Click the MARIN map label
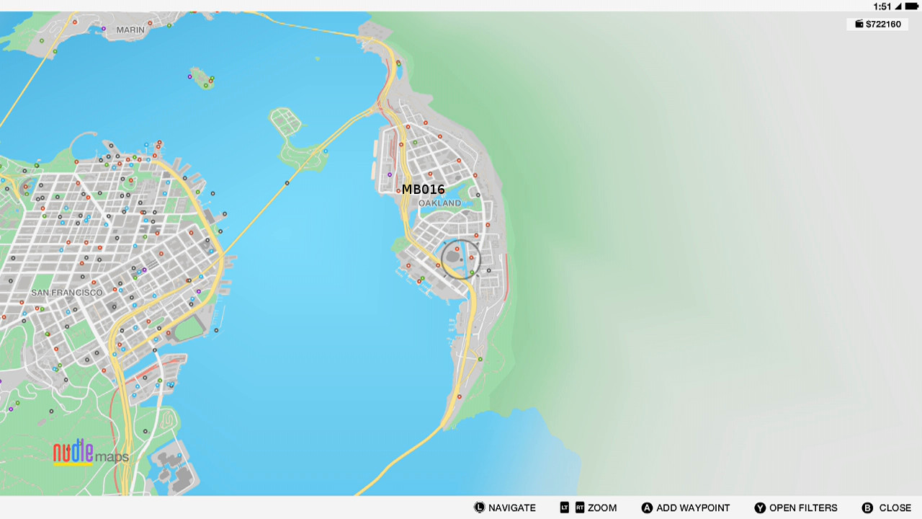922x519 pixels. click(x=130, y=30)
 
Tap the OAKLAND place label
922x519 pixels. click(x=439, y=203)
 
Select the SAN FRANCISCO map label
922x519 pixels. click(x=67, y=293)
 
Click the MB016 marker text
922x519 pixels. click(x=423, y=190)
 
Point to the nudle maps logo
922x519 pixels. click(x=91, y=453)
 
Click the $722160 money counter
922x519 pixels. click(x=877, y=25)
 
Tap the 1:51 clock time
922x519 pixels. click(x=882, y=6)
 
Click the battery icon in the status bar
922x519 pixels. click(x=911, y=6)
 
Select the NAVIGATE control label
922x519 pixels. click(x=511, y=508)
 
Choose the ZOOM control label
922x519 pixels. click(x=602, y=508)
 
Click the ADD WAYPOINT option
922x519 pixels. click(x=692, y=508)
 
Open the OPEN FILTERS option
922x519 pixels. click(x=802, y=508)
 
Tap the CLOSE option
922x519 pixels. click(x=895, y=508)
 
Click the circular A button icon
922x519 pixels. click(x=647, y=508)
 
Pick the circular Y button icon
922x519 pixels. click(x=760, y=508)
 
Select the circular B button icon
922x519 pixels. click(x=867, y=508)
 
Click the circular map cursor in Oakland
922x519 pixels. click(x=460, y=259)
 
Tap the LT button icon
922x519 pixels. click(x=564, y=508)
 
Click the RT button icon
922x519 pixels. click(x=580, y=508)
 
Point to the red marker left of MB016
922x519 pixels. click(x=398, y=191)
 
